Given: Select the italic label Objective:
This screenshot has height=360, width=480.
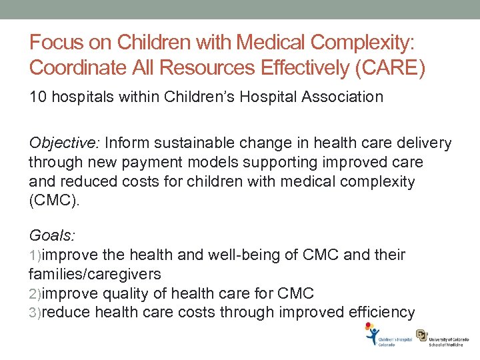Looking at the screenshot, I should [63, 143].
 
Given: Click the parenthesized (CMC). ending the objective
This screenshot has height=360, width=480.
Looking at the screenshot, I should [54, 201].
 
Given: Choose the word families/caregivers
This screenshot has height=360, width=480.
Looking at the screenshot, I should [95, 274].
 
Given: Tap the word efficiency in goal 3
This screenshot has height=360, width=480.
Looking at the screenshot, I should [378, 312].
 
